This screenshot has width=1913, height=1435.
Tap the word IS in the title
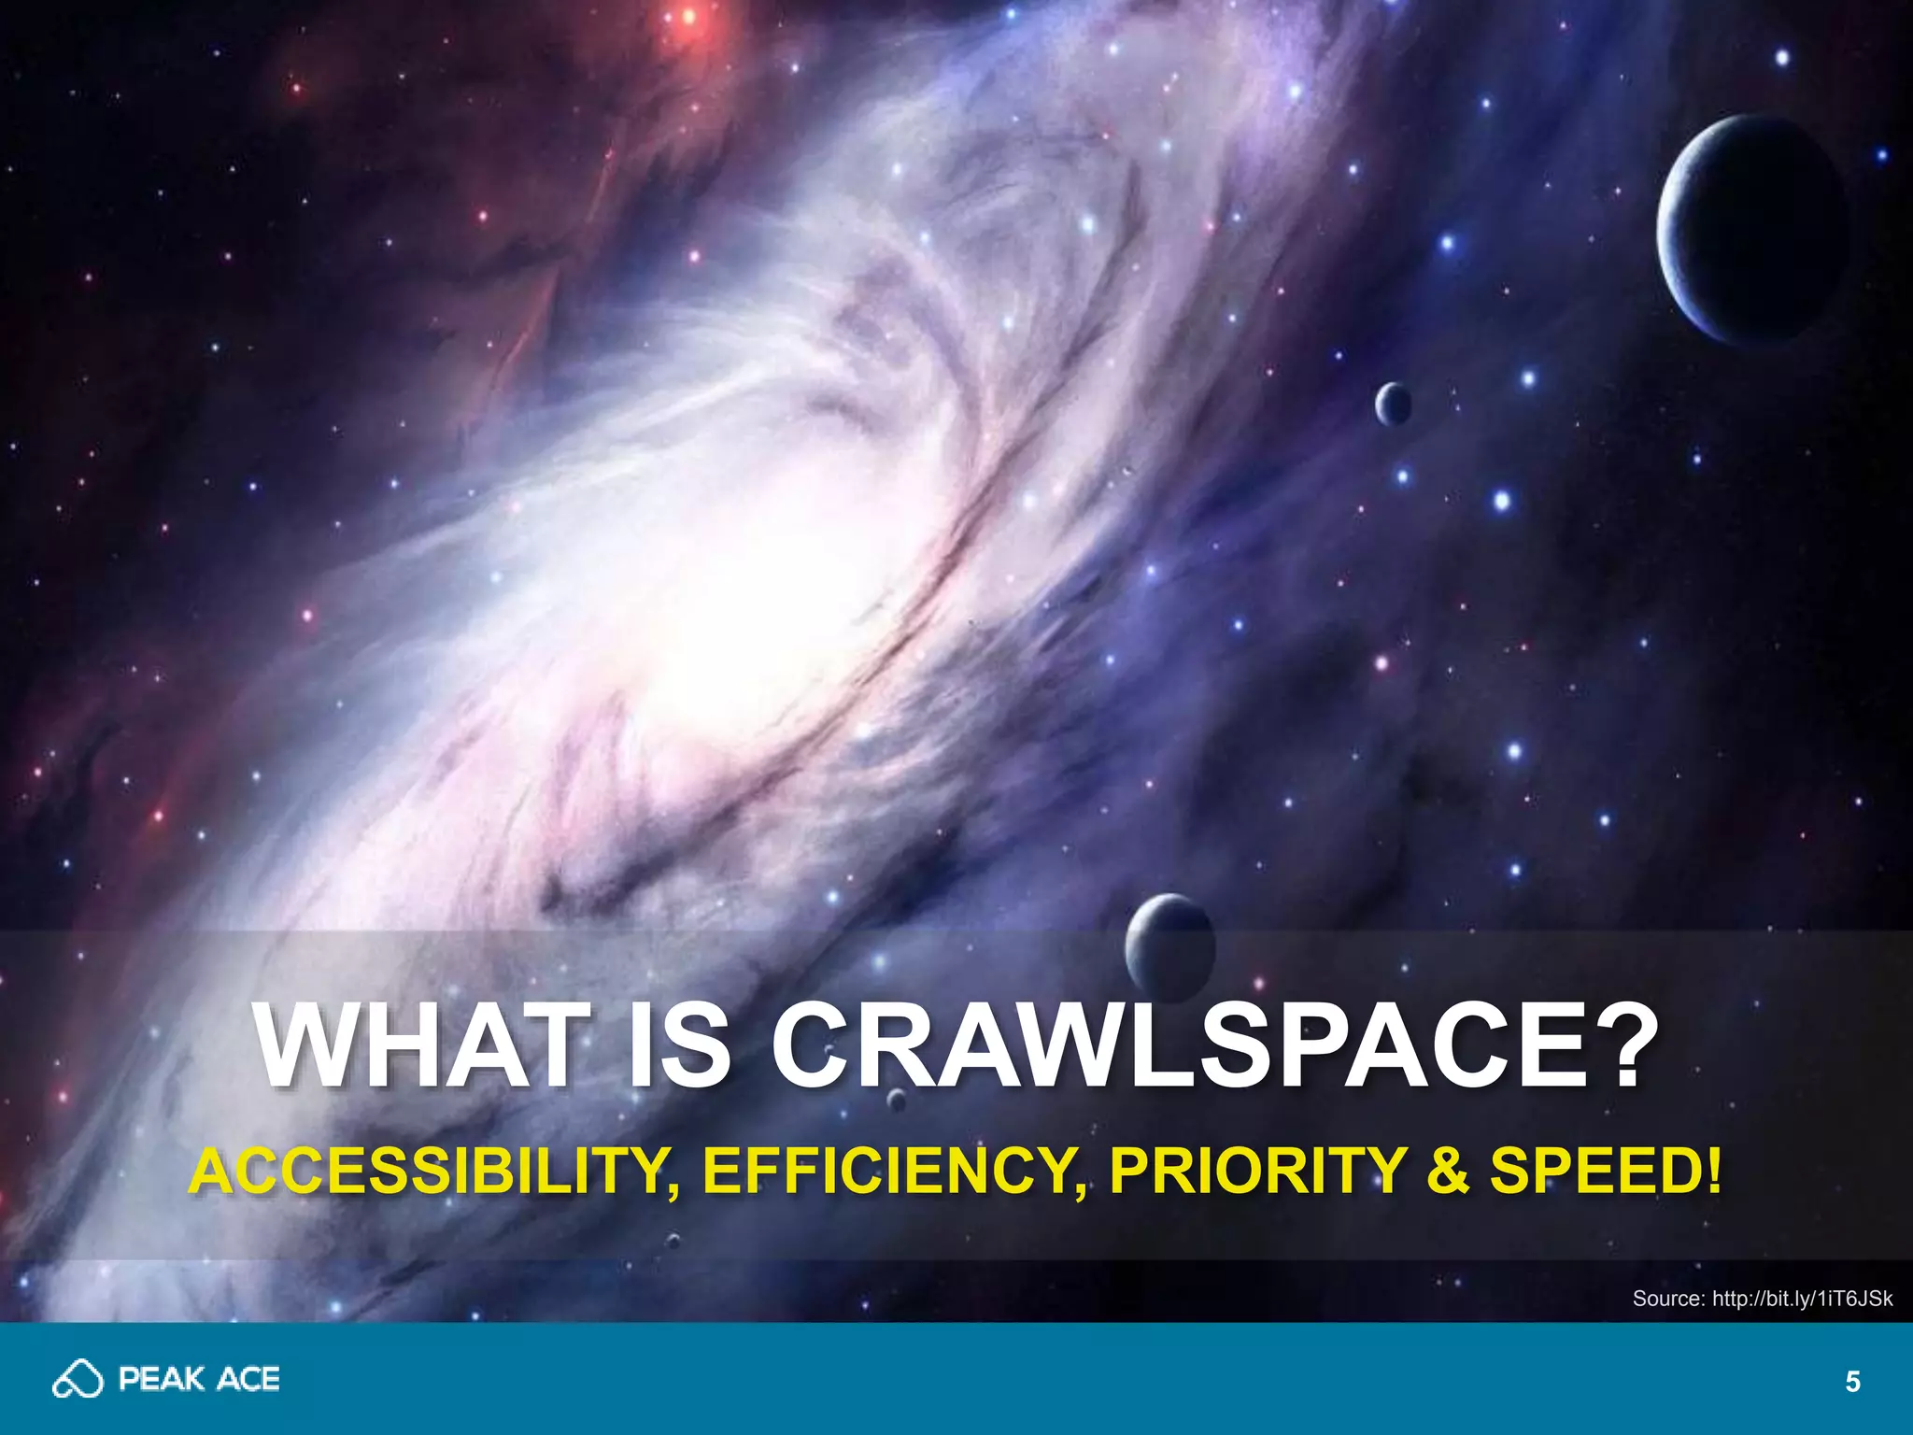click(x=679, y=1045)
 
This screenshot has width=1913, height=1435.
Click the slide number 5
click(x=1853, y=1382)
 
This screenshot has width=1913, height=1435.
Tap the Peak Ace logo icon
click(x=78, y=1379)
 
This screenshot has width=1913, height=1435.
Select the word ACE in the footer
click(x=248, y=1380)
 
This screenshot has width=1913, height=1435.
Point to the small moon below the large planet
click(x=1392, y=404)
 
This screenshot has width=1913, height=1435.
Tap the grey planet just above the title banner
click(x=1169, y=944)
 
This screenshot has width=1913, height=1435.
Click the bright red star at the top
click(x=689, y=17)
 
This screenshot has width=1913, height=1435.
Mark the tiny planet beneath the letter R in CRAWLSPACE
click(x=896, y=1100)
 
